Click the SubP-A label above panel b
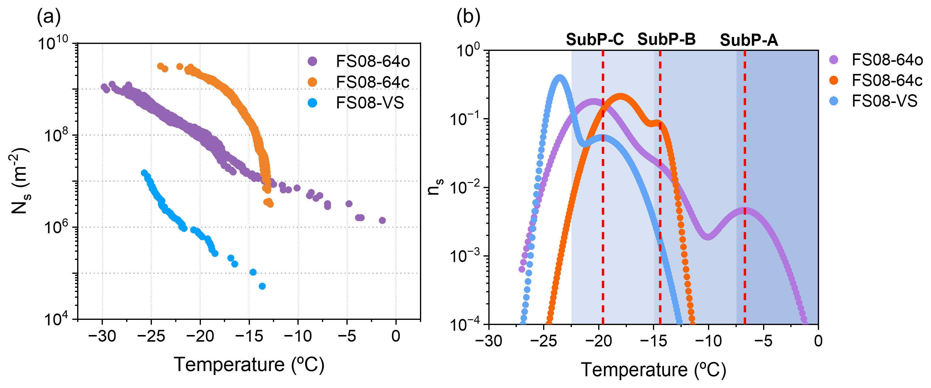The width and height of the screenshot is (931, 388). (x=749, y=40)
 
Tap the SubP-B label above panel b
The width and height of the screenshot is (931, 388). (x=666, y=39)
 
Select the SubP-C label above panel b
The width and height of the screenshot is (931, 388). (x=595, y=39)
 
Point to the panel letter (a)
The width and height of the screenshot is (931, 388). (x=49, y=17)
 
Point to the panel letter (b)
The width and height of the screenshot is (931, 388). (x=468, y=17)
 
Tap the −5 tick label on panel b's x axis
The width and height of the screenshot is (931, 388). (x=763, y=341)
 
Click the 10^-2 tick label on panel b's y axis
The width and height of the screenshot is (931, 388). (x=464, y=187)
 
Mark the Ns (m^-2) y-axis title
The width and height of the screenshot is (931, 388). (x=20, y=181)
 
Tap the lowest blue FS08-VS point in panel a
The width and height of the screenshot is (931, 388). (x=262, y=286)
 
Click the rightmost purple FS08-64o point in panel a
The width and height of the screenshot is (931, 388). (x=382, y=221)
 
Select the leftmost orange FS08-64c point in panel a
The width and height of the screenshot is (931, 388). (x=160, y=66)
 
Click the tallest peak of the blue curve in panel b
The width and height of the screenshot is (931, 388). (x=559, y=78)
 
